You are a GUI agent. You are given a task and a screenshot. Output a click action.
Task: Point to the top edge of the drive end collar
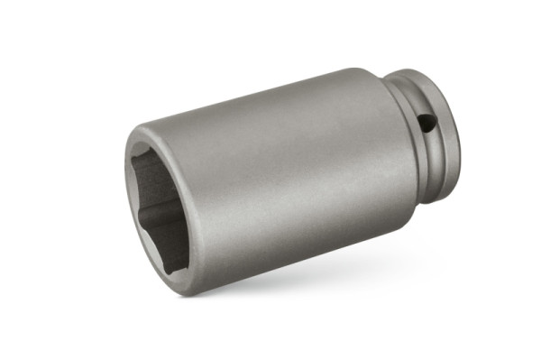pyautogui.click(x=419, y=72)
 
